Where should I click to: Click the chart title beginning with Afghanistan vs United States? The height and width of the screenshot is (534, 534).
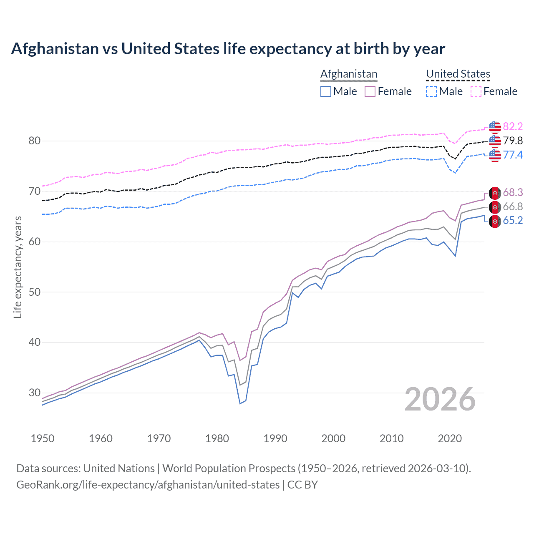click(x=228, y=49)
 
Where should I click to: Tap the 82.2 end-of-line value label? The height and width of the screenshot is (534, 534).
click(x=513, y=126)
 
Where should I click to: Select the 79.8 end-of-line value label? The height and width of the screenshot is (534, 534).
click(x=513, y=141)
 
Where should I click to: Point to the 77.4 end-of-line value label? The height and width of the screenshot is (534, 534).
click(x=513, y=155)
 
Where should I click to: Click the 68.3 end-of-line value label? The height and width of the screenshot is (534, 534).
click(x=513, y=192)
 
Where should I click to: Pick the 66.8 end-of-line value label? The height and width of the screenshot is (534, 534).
click(x=513, y=207)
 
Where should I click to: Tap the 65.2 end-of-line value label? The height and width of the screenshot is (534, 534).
click(x=513, y=221)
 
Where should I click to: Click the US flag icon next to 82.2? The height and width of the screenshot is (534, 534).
click(x=495, y=127)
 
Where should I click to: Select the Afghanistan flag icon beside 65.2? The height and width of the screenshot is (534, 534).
click(x=495, y=221)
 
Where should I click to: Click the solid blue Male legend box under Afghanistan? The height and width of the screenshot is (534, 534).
click(x=326, y=91)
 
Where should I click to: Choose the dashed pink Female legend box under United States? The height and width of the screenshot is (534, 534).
click(x=476, y=91)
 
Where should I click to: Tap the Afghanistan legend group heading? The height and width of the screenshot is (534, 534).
click(x=349, y=74)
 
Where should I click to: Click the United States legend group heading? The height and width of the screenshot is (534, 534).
click(x=458, y=74)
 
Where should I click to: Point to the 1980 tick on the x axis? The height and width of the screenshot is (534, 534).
click(x=217, y=438)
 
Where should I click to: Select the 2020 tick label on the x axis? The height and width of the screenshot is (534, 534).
click(x=450, y=438)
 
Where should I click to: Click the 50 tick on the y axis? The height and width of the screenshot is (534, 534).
click(x=35, y=292)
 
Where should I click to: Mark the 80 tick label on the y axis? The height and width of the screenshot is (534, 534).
click(x=35, y=141)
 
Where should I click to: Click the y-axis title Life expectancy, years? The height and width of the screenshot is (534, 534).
click(x=18, y=267)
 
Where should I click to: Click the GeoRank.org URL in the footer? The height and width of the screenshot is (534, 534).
click(x=148, y=485)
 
